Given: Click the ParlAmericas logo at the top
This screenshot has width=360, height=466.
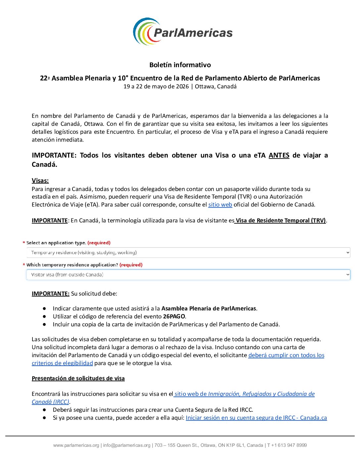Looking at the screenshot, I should click(183, 32).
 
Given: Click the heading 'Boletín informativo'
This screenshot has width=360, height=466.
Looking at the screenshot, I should click(180, 65).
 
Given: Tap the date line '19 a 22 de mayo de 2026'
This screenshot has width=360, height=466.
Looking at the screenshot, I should click(156, 87).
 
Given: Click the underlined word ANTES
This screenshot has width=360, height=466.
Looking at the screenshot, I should click(279, 155).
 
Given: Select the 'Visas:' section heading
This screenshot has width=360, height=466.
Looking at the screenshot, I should click(40, 181).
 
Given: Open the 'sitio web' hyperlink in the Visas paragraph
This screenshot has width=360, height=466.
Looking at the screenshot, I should click(220, 205).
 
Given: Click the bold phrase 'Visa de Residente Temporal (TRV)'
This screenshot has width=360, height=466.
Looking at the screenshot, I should click(281, 220).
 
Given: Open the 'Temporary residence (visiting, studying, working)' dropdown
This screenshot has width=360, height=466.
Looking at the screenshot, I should click(188, 253).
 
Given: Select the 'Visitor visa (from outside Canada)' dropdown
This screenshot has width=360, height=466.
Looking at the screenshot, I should click(188, 275).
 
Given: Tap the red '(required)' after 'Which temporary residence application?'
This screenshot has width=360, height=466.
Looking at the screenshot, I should click(131, 265).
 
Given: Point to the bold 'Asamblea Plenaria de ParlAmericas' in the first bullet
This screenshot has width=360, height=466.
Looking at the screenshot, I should click(208, 308).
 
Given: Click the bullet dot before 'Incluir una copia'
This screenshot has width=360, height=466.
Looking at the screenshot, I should click(44, 324).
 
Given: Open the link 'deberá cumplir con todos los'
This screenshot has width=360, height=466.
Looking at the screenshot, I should click(286, 355).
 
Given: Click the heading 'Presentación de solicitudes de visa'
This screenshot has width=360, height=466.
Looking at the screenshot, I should click(78, 378).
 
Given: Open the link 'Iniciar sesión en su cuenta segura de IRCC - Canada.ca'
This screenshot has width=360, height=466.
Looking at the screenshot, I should click(256, 418).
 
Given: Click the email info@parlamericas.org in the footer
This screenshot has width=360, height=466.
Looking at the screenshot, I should click(127, 445).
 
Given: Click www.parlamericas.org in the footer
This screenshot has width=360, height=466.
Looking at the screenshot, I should click(76, 445).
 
